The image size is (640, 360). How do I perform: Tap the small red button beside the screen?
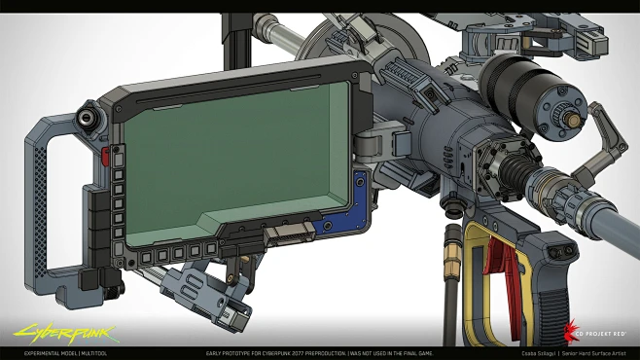(104, 157)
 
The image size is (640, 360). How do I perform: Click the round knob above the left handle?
(91, 120)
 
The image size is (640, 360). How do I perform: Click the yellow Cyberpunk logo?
(47, 333)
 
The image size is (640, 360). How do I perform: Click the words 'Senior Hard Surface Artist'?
(597, 352)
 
